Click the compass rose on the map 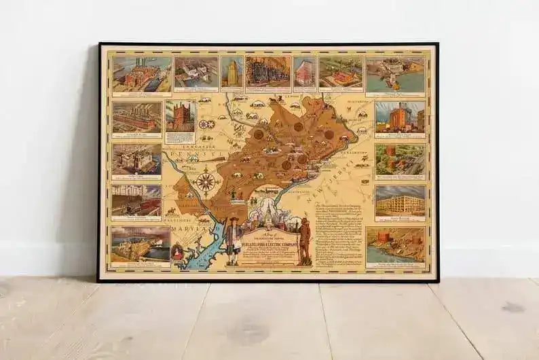[x=205, y=181]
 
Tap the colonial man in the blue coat [x=232, y=240]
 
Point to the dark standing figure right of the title [x=305, y=240]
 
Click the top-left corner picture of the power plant [x=141, y=73]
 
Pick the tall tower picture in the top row [x=231, y=71]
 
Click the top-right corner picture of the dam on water [x=395, y=73]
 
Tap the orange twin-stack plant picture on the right [x=400, y=117]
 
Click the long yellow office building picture [x=400, y=200]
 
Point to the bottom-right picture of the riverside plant [x=396, y=244]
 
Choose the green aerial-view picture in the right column [x=400, y=159]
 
